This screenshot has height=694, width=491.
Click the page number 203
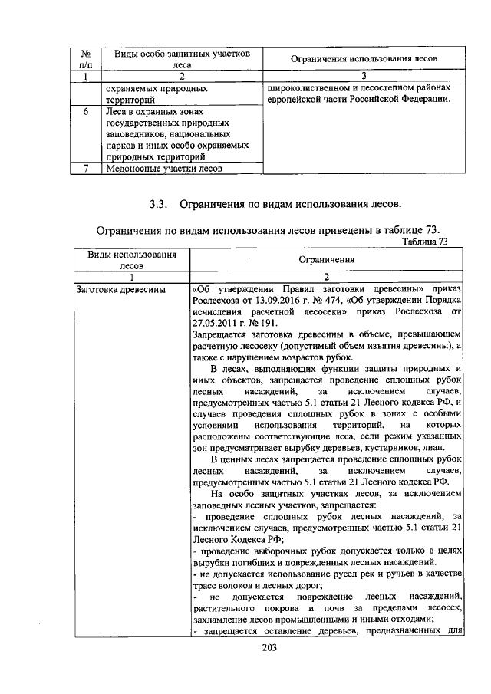(268, 647)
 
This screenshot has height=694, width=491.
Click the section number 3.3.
(159, 204)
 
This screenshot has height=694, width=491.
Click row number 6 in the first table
(87, 111)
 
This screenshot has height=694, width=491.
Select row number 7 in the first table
(87, 168)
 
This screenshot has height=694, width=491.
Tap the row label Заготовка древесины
(112, 290)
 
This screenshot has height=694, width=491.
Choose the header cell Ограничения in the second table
(326, 259)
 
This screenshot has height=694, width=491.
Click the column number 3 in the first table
(364, 76)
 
